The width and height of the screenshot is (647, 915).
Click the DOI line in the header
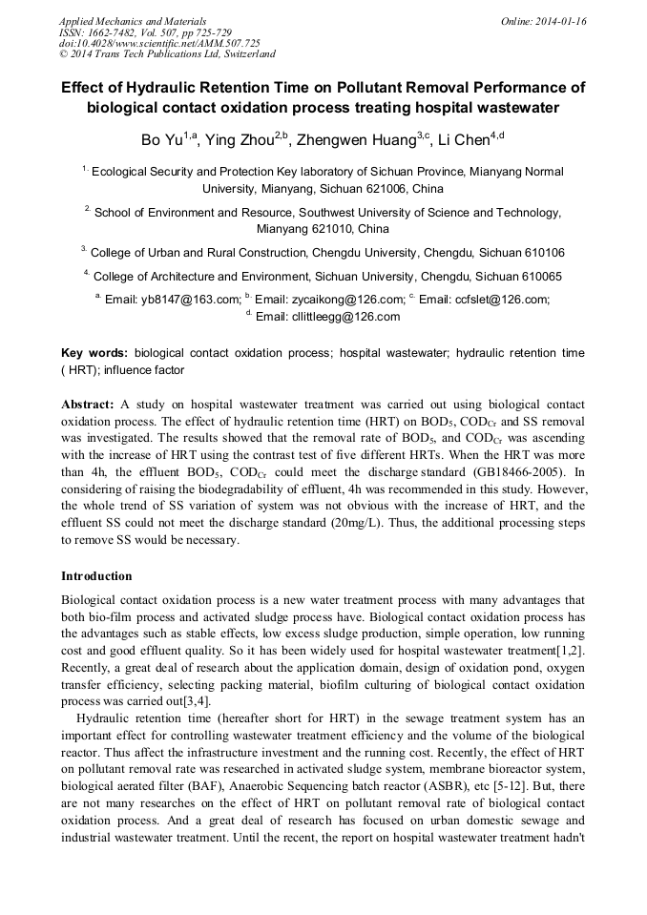(x=159, y=44)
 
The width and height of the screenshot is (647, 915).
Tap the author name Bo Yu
(x=161, y=141)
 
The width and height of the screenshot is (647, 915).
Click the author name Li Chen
(x=463, y=141)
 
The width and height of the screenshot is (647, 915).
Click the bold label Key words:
(x=94, y=353)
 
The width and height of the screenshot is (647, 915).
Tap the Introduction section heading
(x=96, y=576)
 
